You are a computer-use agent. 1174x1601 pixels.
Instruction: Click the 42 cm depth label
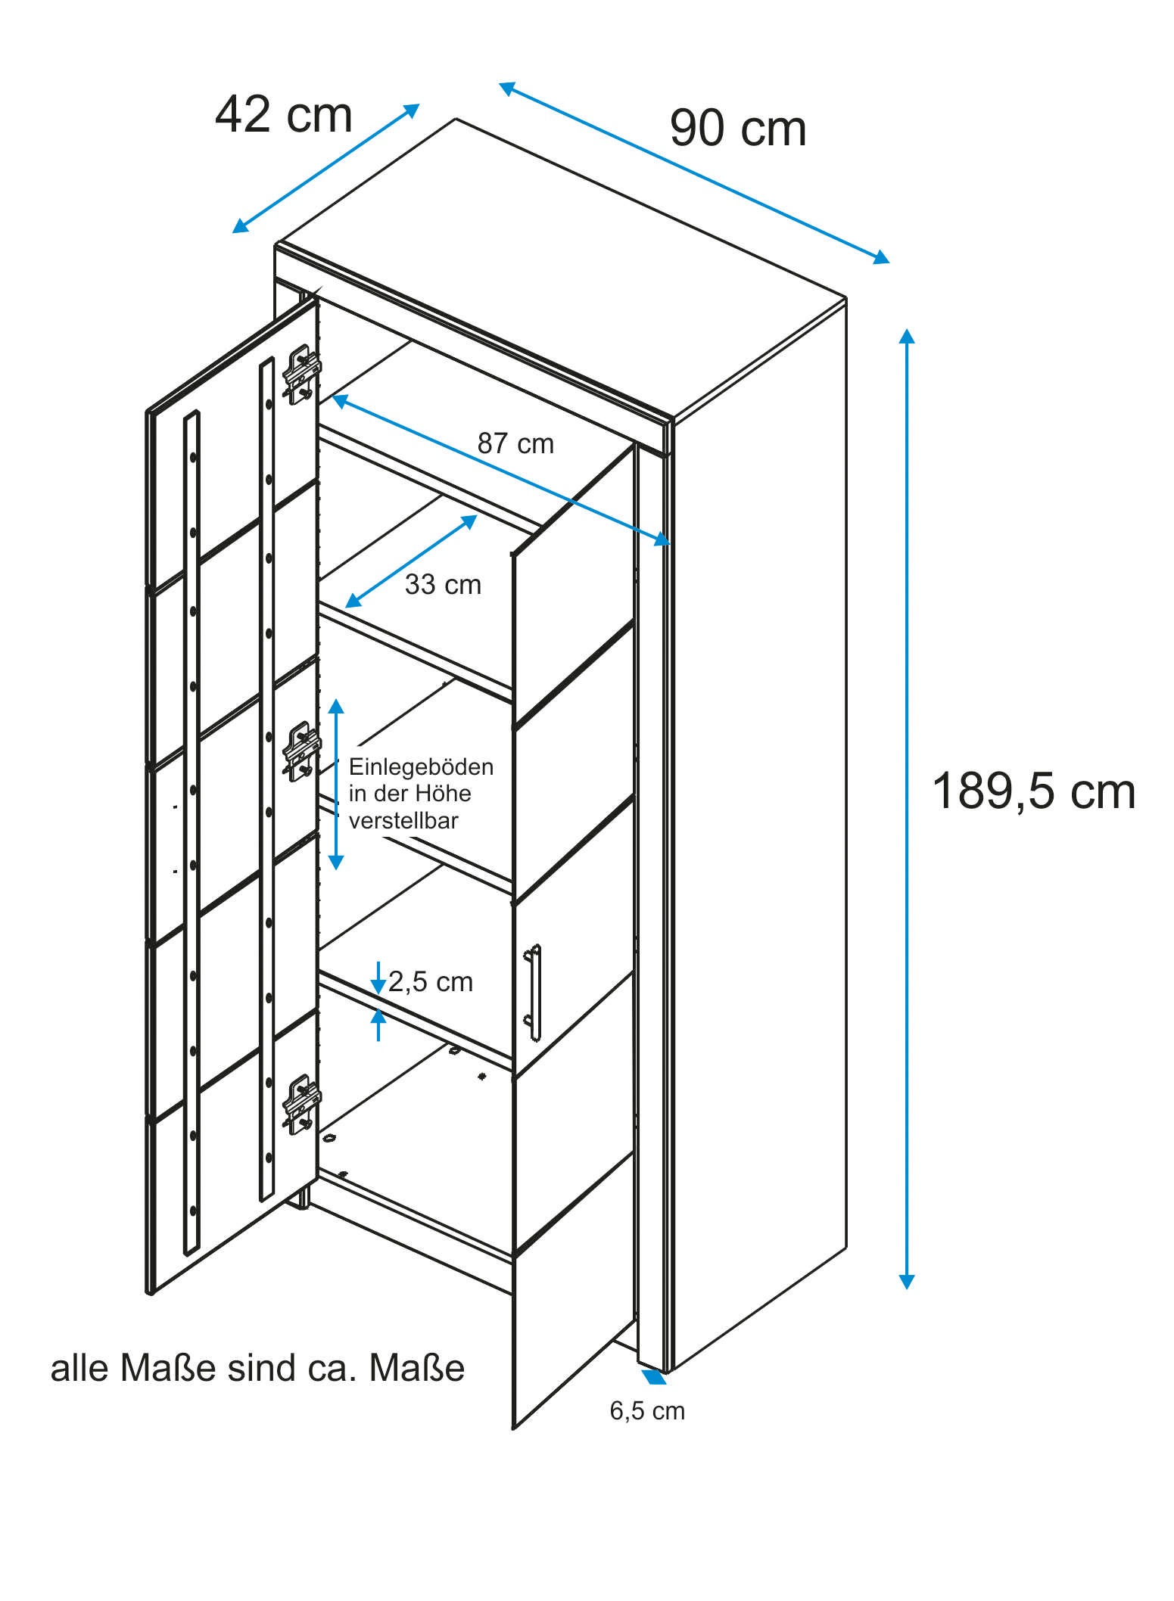click(284, 116)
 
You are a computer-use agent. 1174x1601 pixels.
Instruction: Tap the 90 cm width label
click(738, 129)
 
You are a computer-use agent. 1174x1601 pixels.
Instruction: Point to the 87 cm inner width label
click(515, 443)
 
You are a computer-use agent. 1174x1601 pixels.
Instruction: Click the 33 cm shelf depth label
click(443, 585)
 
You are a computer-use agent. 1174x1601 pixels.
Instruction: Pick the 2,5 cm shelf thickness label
click(431, 982)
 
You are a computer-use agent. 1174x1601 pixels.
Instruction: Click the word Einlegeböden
click(421, 767)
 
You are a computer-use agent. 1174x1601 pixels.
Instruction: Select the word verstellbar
click(403, 821)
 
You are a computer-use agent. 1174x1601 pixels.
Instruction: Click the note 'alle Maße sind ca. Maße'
click(257, 1368)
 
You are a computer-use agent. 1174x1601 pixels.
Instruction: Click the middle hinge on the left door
click(301, 752)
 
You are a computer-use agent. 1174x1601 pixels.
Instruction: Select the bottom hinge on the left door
click(301, 1105)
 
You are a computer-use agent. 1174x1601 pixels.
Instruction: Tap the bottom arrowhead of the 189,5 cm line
click(906, 1280)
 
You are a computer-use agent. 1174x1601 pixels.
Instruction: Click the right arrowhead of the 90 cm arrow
click(882, 258)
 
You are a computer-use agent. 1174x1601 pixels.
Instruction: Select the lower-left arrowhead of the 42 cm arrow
click(241, 225)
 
